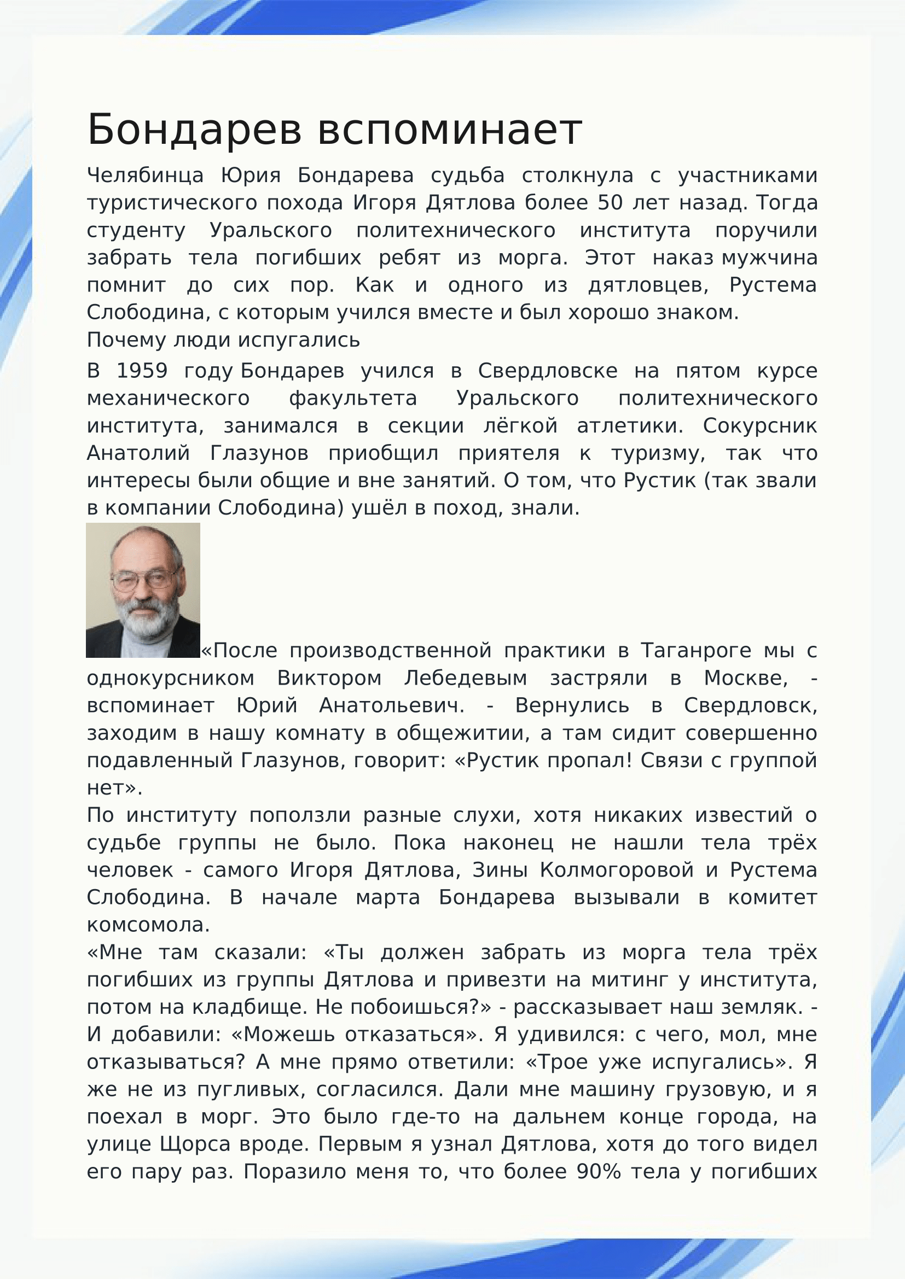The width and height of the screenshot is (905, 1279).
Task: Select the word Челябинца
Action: pyautogui.click(x=145, y=176)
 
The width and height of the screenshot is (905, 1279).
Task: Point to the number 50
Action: pyautogui.click(x=610, y=203)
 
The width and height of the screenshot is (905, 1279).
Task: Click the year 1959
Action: pyautogui.click(x=142, y=371)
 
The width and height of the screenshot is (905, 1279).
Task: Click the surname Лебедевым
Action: pyautogui.click(x=465, y=678)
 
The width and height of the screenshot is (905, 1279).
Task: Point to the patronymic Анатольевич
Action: pyautogui.click(x=392, y=705)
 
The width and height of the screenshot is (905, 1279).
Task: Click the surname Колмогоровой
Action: pyautogui.click(x=616, y=869)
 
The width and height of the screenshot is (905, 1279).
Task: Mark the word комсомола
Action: pyautogui.click(x=148, y=925)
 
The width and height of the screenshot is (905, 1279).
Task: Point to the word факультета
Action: pyautogui.click(x=353, y=398)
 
